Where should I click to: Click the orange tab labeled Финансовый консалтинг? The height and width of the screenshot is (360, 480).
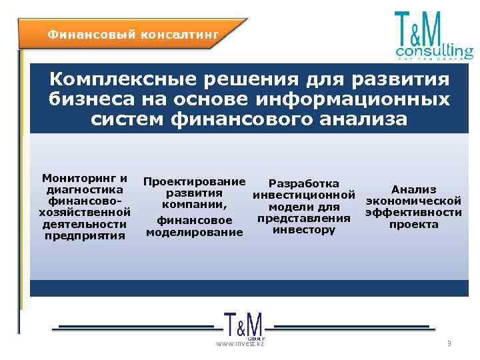click(133, 33)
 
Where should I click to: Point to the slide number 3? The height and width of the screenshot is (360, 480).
click(449, 343)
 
